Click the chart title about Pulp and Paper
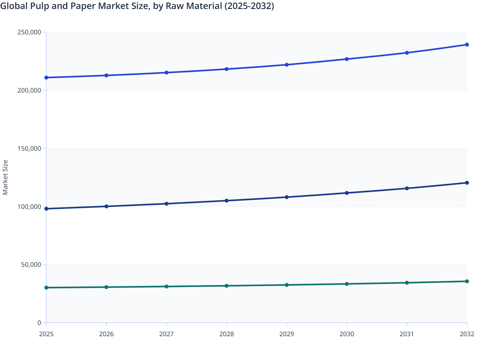(137, 6)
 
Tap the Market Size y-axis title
(5, 177)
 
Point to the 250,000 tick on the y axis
(29, 32)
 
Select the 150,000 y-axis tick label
(29, 148)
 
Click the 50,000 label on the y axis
(31, 265)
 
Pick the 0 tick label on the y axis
(39, 323)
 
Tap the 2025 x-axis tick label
(46, 334)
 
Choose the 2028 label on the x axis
(226, 334)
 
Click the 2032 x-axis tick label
(467, 334)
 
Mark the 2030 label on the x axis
(347, 334)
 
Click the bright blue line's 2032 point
(467, 45)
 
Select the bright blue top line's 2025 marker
(46, 77)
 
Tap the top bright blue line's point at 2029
(287, 65)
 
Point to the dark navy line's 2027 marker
(166, 203)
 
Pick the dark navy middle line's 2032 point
(467, 183)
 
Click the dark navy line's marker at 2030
(347, 193)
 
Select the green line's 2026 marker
(106, 287)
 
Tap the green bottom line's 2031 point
(407, 283)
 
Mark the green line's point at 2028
(226, 285)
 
